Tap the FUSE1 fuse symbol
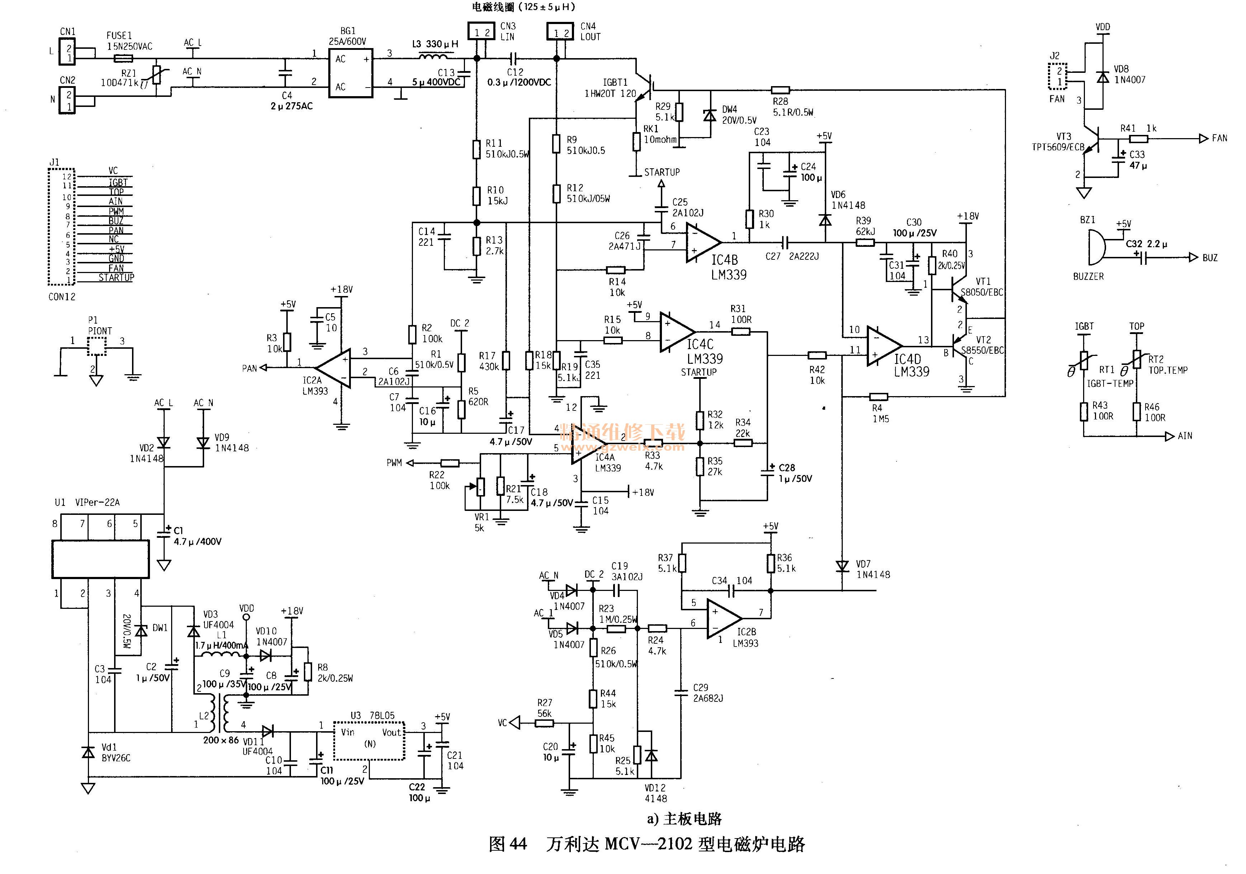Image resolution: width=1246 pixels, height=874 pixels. tap(123, 58)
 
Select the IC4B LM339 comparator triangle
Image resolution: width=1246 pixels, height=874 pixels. tap(702, 243)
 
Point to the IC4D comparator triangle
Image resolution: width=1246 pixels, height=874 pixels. tap(883, 346)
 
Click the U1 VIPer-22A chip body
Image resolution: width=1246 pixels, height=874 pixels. tap(100, 559)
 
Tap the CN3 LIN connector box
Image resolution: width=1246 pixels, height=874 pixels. tap(481, 32)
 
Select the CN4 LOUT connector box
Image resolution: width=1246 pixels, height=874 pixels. tap(560, 32)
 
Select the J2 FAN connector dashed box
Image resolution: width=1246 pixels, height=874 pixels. tap(1057, 76)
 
